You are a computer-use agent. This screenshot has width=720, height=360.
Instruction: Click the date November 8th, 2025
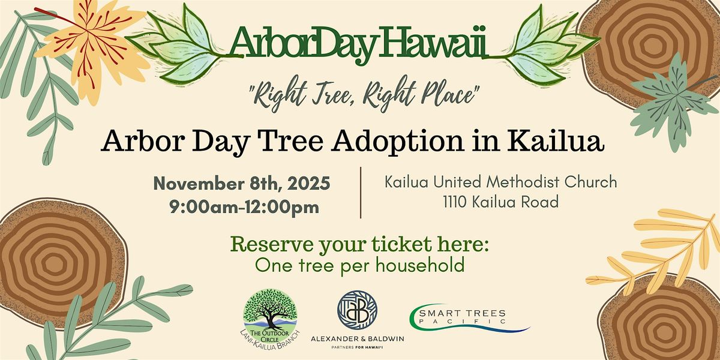click(x=241, y=183)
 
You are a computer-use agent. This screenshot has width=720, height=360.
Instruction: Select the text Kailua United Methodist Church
click(x=501, y=181)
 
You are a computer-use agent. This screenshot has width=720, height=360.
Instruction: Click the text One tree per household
click(x=359, y=265)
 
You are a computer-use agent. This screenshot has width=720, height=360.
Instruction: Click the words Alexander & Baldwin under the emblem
click(x=357, y=338)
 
